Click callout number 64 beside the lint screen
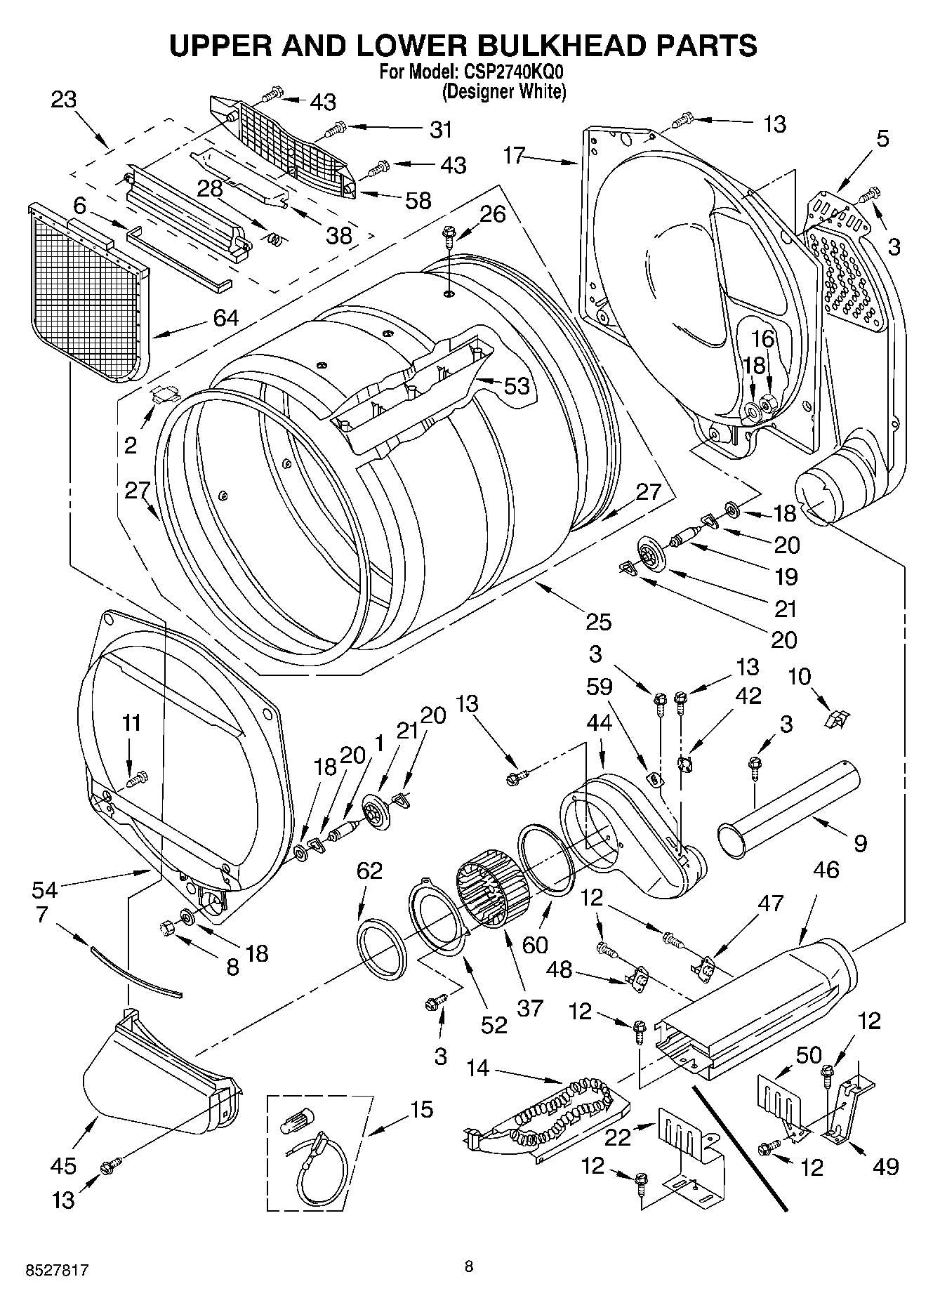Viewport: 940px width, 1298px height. (x=225, y=318)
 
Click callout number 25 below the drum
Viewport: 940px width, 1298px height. (x=598, y=622)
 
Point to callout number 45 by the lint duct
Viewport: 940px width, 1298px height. (x=62, y=1166)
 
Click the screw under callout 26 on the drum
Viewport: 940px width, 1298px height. (x=448, y=237)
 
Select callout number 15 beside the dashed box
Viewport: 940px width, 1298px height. (x=421, y=1110)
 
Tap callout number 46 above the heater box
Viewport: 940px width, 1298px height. (x=826, y=870)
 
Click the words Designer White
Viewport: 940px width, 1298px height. (x=503, y=91)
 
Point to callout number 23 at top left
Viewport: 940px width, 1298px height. (x=63, y=100)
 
